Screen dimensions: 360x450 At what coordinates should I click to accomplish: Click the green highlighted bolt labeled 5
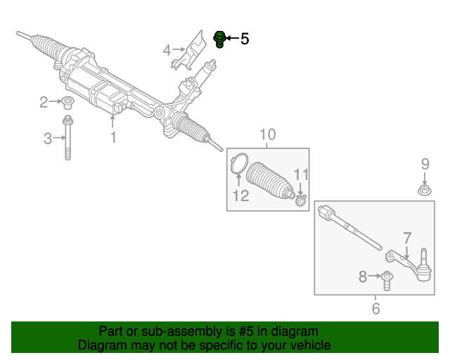[219, 39]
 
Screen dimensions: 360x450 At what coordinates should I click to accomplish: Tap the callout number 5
[245, 39]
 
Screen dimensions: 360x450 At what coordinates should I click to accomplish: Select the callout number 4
[167, 51]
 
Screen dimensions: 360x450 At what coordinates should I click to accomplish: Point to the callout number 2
[44, 103]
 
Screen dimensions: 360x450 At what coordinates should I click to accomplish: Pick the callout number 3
[48, 139]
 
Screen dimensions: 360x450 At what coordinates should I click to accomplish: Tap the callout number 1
[112, 138]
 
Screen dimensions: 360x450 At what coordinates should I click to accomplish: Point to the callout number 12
[241, 196]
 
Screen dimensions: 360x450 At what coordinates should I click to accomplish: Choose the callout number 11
[301, 174]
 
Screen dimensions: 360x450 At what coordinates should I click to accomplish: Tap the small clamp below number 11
[301, 202]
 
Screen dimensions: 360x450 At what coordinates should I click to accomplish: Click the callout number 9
[425, 165]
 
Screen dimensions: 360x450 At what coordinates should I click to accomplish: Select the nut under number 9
[425, 190]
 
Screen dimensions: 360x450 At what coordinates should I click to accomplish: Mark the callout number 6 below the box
[375, 309]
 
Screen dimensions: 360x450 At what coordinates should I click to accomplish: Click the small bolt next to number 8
[387, 278]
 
